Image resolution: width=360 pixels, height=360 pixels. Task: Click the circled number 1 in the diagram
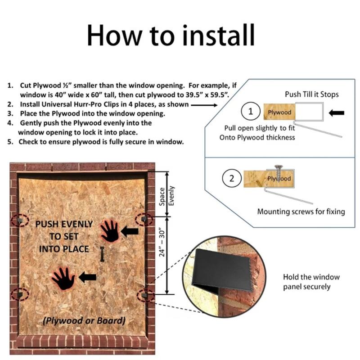[251, 112]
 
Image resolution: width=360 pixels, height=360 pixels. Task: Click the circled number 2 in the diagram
[232, 178]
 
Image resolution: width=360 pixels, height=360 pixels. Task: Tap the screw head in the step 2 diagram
[279, 167]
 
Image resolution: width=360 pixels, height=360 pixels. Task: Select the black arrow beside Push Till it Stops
[336, 113]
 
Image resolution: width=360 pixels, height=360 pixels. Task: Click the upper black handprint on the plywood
[110, 231]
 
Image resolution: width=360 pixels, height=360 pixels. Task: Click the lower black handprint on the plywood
[63, 279]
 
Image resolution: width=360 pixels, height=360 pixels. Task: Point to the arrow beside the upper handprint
[130, 231]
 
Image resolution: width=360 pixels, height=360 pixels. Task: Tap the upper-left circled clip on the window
[20, 220]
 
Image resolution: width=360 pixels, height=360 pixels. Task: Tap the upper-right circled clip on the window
[144, 220]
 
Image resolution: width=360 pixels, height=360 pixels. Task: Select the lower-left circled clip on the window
[20, 294]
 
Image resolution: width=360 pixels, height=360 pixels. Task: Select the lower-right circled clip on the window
[145, 296]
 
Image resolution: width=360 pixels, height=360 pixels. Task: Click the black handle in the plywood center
[102, 254]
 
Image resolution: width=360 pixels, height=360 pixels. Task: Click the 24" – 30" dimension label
[162, 242]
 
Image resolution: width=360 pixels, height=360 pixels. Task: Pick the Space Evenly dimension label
[166, 196]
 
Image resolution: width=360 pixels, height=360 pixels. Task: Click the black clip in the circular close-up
[221, 271]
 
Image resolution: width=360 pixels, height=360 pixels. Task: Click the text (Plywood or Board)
[84, 320]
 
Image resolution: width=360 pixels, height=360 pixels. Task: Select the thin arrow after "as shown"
[204, 105]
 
